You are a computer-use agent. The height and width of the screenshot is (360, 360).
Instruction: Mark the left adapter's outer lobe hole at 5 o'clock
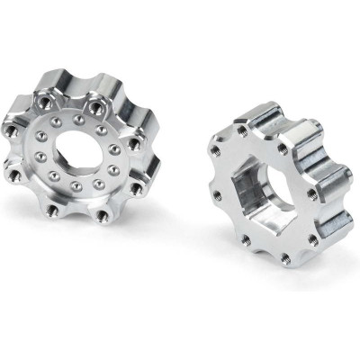pyautogui.click(x=136, y=188)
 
